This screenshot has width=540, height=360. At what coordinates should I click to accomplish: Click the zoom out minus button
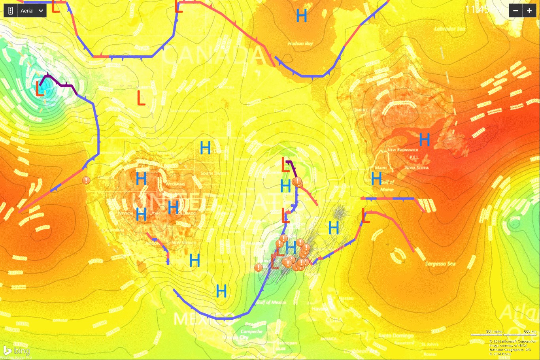tap(515, 11)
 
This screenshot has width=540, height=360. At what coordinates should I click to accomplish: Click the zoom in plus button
tap(529, 11)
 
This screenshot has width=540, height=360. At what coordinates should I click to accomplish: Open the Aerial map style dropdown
tap(32, 11)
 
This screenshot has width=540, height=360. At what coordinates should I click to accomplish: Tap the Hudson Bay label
tap(300, 43)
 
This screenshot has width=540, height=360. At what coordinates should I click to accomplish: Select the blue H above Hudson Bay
tap(301, 16)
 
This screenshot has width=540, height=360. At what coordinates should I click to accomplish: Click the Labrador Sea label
tap(450, 29)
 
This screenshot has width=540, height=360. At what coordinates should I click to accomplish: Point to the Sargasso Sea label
tap(440, 264)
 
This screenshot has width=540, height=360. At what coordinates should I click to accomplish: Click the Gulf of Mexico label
tap(271, 302)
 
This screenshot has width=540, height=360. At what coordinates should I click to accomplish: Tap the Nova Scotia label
tap(417, 168)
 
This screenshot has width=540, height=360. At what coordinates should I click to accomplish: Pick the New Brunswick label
tap(402, 150)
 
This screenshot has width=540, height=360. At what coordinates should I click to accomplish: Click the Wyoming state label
tap(175, 184)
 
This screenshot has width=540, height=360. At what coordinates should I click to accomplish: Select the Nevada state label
tap(125, 213)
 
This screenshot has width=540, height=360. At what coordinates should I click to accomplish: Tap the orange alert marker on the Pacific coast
tap(86, 180)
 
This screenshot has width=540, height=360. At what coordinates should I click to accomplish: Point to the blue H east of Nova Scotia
tap(424, 139)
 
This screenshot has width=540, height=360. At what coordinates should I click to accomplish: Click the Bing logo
tap(17, 351)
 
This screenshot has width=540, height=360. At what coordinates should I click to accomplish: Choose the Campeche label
tap(251, 332)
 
